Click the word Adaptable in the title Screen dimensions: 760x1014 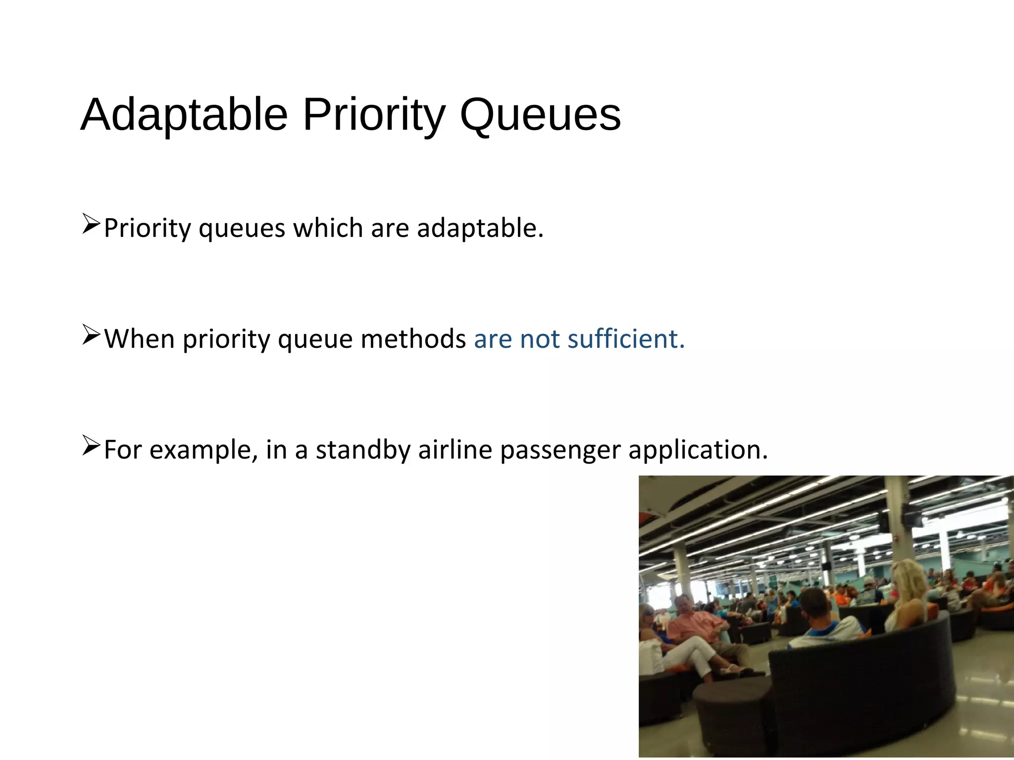coord(184,115)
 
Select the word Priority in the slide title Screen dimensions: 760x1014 coord(374,115)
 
